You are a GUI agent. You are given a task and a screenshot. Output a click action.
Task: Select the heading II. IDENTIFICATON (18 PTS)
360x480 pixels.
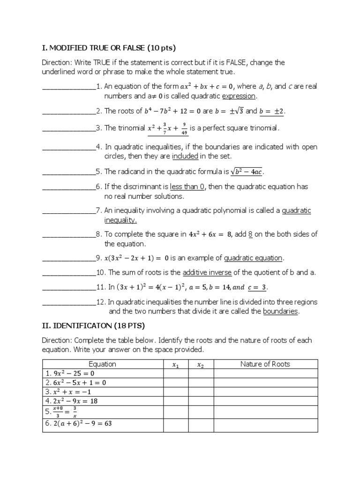click(94, 325)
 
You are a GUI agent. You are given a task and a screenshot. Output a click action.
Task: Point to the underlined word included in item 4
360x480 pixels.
click(184, 156)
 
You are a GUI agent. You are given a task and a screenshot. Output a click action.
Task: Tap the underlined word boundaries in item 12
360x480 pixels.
click(280, 311)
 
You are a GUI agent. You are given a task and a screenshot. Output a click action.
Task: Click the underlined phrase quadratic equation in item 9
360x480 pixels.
click(254, 258)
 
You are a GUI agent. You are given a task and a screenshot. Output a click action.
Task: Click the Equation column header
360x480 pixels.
click(103, 364)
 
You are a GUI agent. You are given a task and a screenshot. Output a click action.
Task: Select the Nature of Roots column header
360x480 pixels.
click(265, 364)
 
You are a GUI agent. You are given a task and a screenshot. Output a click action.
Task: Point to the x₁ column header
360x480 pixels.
click(176, 365)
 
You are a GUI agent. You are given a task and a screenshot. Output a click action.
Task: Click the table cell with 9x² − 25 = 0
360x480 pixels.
click(103, 374)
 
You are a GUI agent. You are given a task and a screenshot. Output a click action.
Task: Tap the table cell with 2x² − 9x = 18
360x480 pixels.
click(103, 401)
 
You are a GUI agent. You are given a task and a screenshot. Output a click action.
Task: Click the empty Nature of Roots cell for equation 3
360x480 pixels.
click(265, 392)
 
